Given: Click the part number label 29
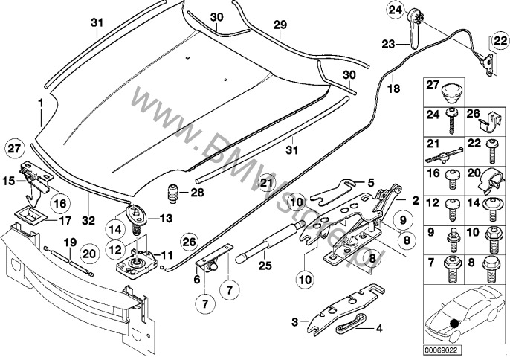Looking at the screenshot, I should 279,25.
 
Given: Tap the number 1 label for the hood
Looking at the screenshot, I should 42,100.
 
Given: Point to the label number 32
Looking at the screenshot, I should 88,221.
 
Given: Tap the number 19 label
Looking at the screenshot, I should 70,242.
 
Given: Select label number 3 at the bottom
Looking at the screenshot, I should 295,321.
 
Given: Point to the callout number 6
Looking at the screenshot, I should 198,280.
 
